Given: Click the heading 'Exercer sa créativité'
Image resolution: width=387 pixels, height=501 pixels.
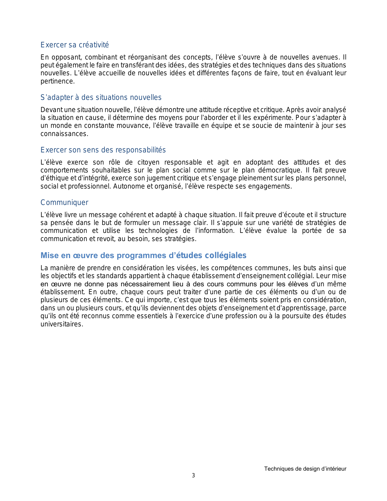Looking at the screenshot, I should (x=75, y=45).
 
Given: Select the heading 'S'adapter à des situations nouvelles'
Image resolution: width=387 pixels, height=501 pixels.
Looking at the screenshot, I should (x=101, y=97).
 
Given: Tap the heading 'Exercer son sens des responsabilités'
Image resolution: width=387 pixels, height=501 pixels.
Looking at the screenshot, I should (x=103, y=150).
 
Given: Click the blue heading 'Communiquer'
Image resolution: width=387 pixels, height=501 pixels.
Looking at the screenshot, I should (x=64, y=203).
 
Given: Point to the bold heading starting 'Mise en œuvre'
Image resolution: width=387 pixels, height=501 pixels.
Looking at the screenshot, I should (x=143, y=255).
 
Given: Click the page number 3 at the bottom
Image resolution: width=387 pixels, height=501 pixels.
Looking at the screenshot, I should (x=193, y=475).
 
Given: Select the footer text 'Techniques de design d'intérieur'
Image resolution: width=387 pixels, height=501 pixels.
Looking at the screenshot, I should (x=305, y=469).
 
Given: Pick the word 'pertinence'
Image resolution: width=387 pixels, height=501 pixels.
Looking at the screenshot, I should (x=57, y=81).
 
